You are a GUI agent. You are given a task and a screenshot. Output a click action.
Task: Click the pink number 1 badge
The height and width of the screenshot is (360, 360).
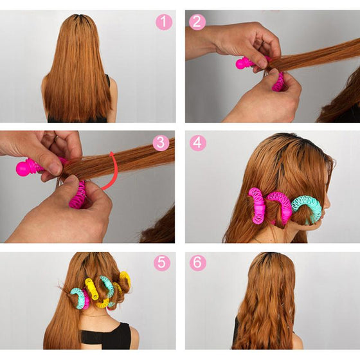pos(164,22)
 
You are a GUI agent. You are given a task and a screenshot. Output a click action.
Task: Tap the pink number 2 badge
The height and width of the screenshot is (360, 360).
pos(197,22)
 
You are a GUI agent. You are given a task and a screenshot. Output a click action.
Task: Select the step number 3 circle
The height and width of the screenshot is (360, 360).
pos(161,143)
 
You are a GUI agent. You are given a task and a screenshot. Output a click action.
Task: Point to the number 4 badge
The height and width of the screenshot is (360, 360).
pos(197,143)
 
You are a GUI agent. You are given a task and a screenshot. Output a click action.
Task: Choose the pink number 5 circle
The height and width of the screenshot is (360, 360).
pos(161,263)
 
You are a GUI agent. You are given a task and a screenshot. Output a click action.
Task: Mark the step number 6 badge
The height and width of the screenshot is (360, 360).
pos(197,263)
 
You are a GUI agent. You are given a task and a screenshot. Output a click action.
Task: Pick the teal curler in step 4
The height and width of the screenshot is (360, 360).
pos(307,208)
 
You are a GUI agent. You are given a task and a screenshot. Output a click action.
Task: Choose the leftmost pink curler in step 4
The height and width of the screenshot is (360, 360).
pos(256,204)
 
